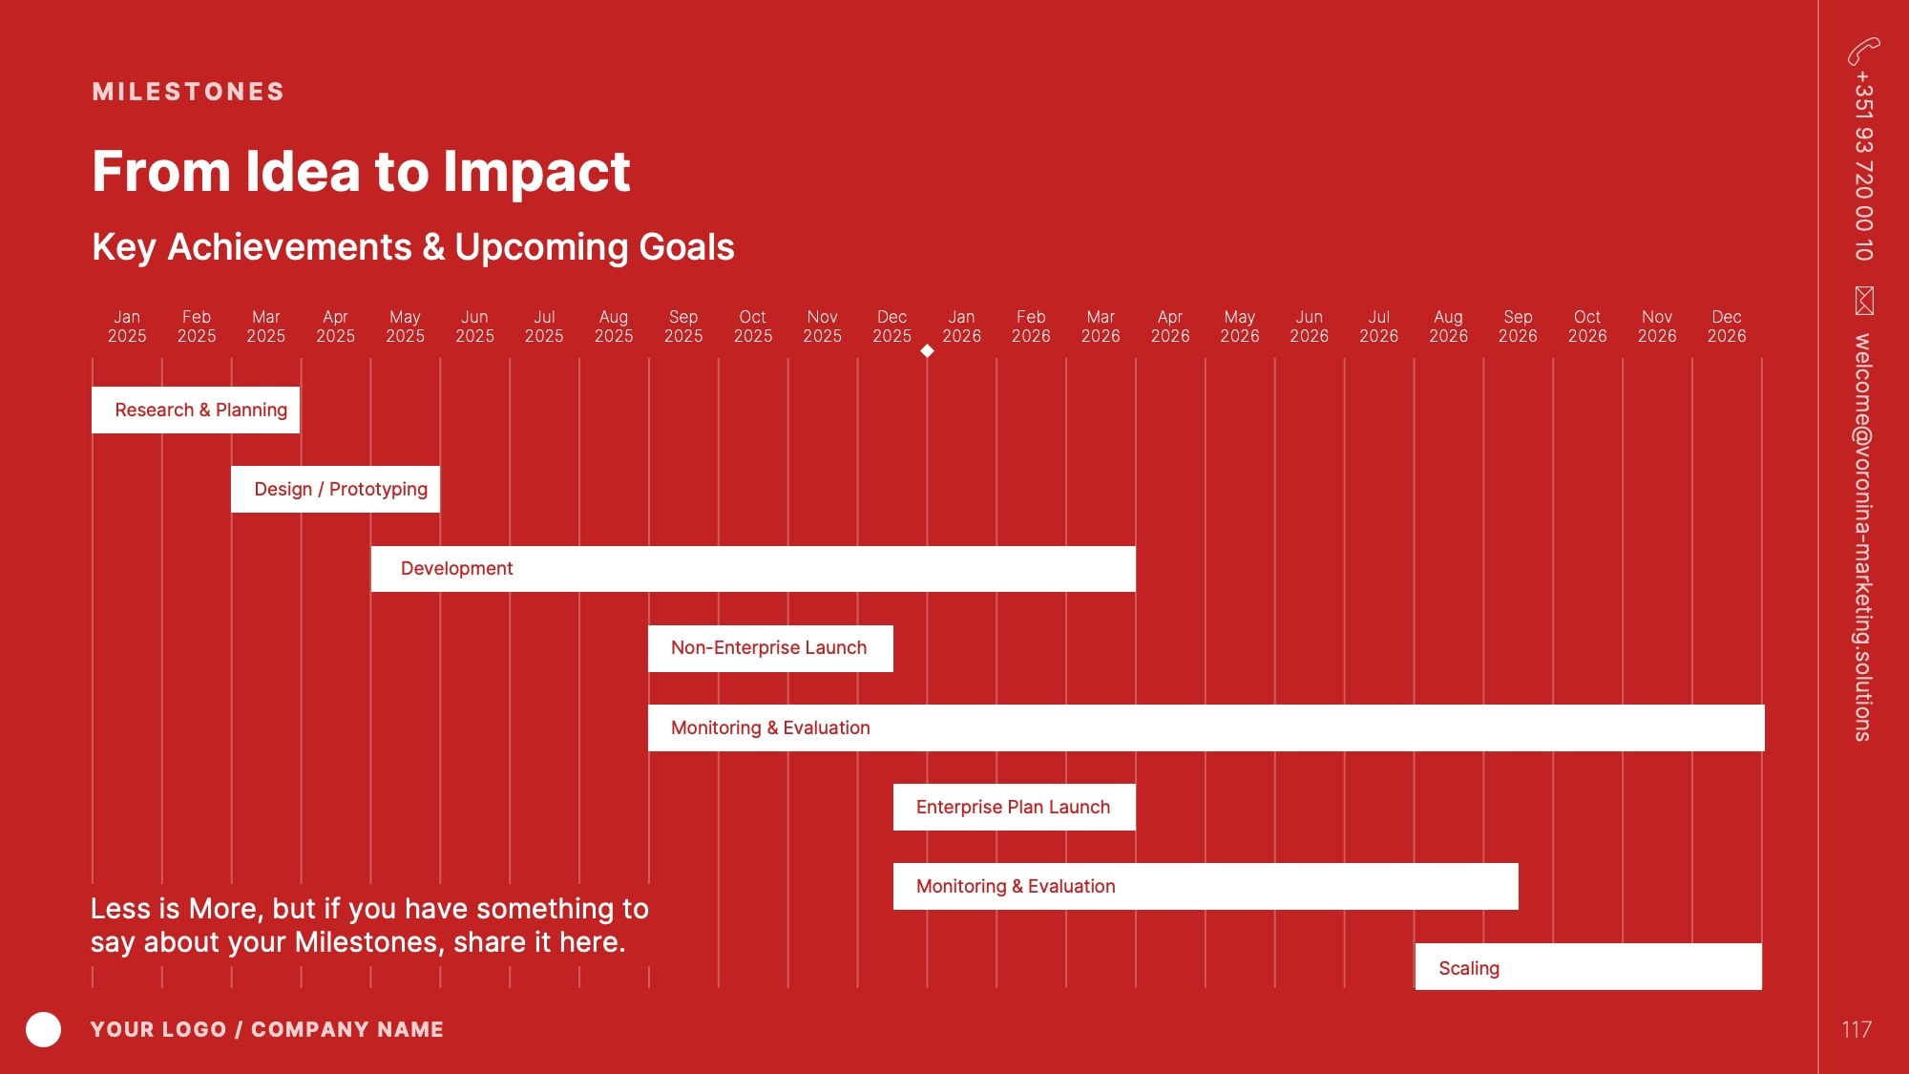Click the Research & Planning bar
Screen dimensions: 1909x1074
click(x=196, y=410)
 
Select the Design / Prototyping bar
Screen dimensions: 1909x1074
click(x=335, y=489)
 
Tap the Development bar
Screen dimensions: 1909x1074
click(x=753, y=569)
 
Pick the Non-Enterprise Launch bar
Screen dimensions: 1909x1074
click(x=770, y=648)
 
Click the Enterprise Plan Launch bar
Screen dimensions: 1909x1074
click(x=1015, y=807)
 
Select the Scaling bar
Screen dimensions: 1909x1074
click(x=1588, y=966)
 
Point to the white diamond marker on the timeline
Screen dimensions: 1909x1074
click(x=927, y=350)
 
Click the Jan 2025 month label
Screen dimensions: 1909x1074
click(x=127, y=326)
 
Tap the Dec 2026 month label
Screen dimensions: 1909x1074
click(x=1727, y=326)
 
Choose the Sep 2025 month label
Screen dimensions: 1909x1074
click(x=683, y=326)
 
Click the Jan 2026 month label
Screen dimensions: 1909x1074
click(x=961, y=326)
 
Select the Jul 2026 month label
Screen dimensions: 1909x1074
click(x=1378, y=326)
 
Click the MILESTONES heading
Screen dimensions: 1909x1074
click(x=188, y=92)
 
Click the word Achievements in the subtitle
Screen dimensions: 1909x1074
click(x=290, y=247)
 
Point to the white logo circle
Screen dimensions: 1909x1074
click(x=43, y=1029)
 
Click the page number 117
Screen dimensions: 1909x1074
click(x=1857, y=1029)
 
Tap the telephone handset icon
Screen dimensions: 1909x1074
click(x=1863, y=51)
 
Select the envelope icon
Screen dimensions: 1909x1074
click(x=1864, y=301)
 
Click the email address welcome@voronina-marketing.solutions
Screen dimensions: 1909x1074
click(x=1863, y=537)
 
